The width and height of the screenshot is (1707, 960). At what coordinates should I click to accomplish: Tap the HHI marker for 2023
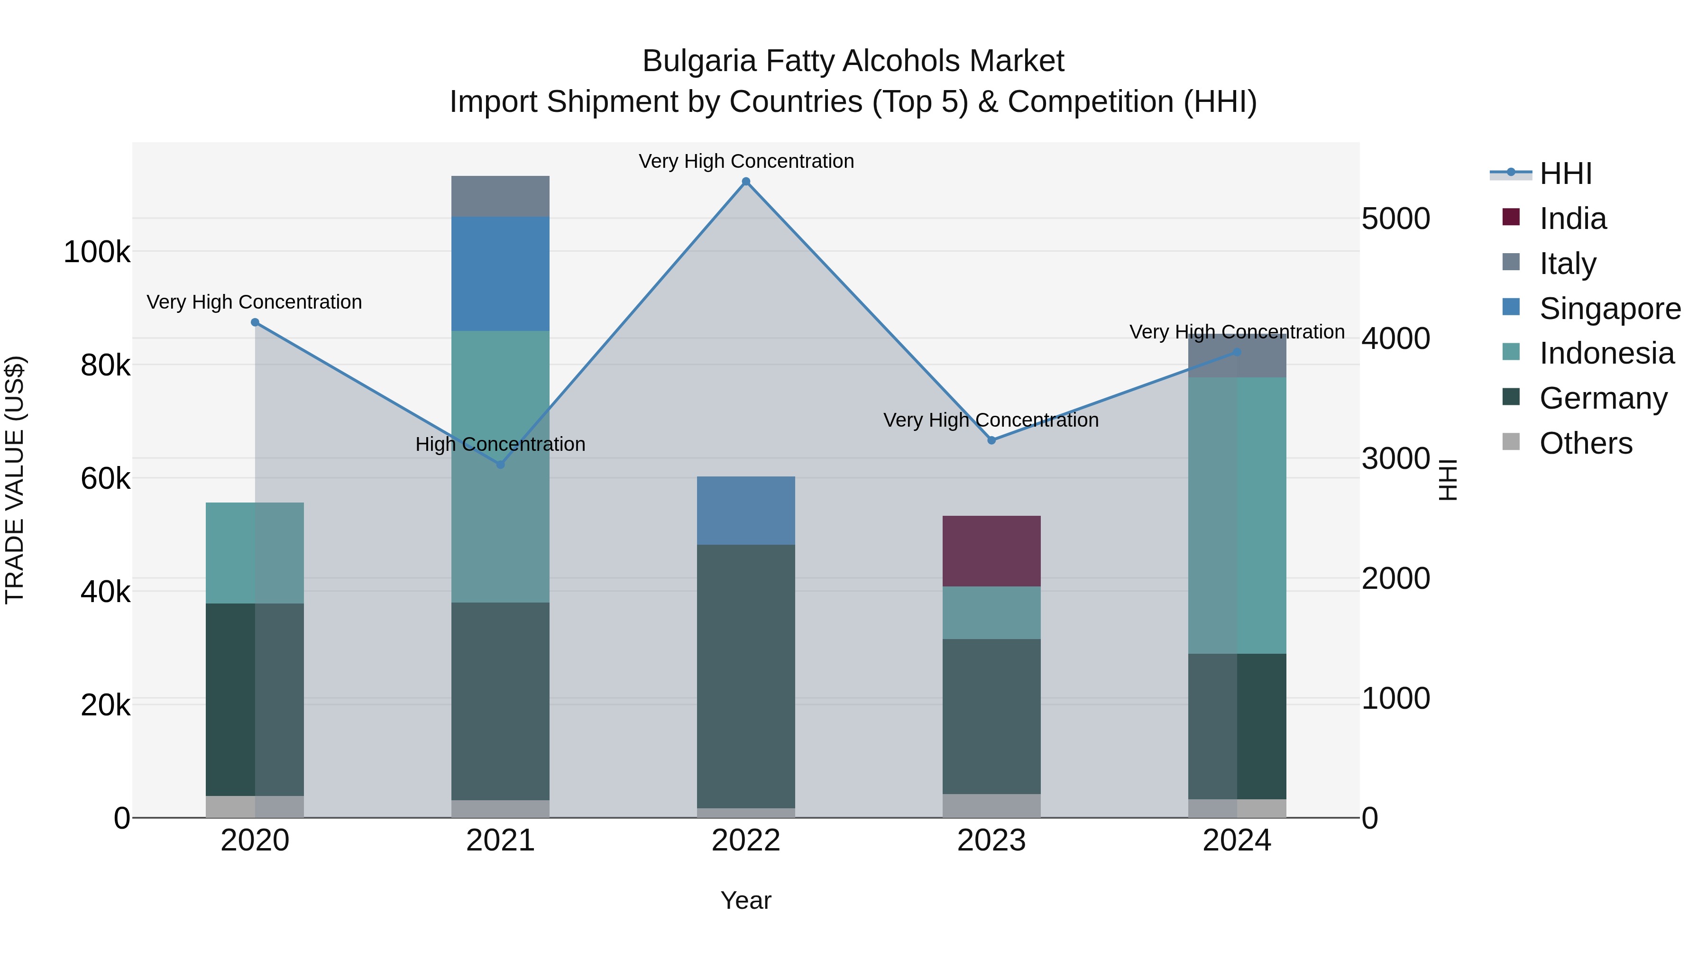991,440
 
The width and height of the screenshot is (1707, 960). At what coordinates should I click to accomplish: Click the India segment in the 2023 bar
991,551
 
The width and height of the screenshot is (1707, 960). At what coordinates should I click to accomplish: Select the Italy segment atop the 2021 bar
500,196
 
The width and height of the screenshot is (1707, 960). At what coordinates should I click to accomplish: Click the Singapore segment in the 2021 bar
500,274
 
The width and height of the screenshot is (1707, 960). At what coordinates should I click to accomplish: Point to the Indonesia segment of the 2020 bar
255,553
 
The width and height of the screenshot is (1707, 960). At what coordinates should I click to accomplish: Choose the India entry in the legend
1572,219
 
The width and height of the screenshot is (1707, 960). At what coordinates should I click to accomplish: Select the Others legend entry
1586,443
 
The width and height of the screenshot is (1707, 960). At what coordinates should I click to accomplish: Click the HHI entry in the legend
1565,174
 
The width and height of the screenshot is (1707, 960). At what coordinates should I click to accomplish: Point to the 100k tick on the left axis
97,252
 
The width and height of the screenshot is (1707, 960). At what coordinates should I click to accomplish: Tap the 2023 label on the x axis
991,841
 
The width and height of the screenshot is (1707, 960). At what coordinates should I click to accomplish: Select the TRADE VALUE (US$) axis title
15,480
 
